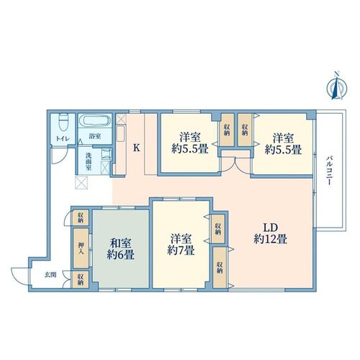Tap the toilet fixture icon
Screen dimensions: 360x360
click(x=63, y=122)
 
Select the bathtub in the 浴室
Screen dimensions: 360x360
click(x=95, y=120)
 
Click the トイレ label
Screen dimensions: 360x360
click(x=63, y=139)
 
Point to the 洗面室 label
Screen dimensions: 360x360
click(x=89, y=161)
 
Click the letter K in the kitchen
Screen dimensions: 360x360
click(x=136, y=148)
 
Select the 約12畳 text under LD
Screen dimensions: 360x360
click(x=270, y=240)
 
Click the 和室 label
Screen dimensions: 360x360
click(x=120, y=243)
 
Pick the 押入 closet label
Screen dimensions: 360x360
click(x=81, y=248)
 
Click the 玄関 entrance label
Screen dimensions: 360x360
click(x=50, y=275)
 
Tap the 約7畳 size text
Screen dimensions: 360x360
click(x=181, y=251)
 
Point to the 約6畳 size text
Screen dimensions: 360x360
click(x=120, y=255)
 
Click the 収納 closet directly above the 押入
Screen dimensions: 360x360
click(x=81, y=217)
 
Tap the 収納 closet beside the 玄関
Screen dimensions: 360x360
click(x=81, y=279)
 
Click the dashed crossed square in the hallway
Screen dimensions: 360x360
click(x=81, y=183)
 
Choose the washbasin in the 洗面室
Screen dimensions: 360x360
click(x=106, y=154)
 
